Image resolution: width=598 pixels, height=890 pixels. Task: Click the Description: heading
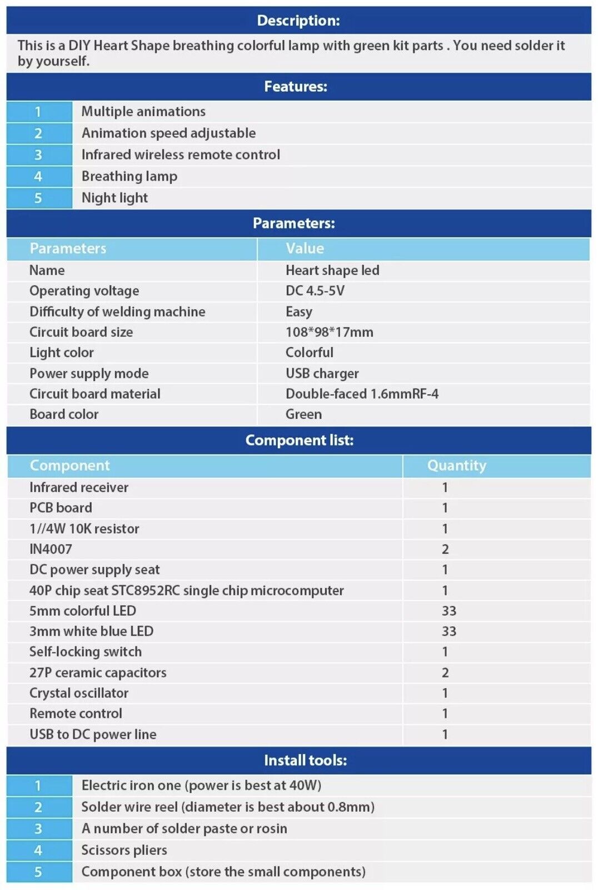298,21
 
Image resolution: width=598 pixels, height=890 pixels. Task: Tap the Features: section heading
296,86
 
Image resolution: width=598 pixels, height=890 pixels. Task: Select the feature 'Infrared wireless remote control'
181,155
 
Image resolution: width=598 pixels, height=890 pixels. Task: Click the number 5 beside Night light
38,198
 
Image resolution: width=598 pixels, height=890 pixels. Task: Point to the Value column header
305,249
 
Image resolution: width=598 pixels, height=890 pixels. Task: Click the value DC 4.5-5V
315,291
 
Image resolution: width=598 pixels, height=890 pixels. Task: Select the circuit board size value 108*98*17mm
329,332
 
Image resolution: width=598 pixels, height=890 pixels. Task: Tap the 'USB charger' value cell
322,373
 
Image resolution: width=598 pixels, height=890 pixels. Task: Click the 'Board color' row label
64,414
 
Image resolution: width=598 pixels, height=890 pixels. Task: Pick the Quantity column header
456,466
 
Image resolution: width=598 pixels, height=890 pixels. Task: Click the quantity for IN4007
445,549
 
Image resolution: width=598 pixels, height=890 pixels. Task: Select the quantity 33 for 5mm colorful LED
448,611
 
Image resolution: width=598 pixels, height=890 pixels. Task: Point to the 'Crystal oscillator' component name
79,693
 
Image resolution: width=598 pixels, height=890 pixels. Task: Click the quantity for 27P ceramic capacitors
445,673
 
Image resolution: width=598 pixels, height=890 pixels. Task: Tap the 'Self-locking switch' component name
86,652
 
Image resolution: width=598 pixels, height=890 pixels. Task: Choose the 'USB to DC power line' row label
93,734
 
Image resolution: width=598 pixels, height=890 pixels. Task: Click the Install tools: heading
305,760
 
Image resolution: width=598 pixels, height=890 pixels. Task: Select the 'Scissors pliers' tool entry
124,850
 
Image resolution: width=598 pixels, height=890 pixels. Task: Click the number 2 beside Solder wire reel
38,807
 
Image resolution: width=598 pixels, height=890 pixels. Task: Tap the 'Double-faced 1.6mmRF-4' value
362,394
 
